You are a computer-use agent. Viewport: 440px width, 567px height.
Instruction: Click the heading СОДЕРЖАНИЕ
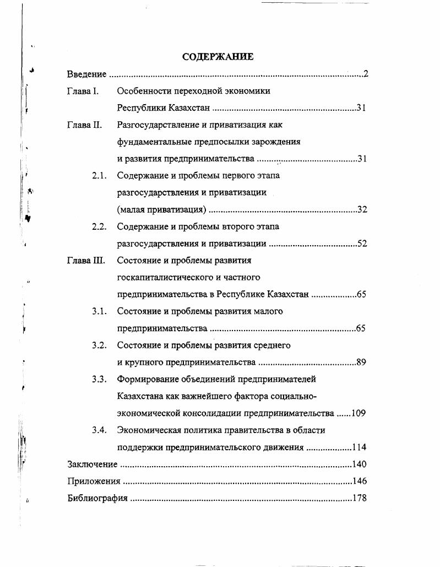218,57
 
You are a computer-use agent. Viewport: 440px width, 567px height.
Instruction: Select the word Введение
86,74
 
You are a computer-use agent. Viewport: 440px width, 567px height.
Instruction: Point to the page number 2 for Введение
365,74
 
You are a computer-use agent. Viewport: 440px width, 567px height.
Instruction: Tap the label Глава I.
83,91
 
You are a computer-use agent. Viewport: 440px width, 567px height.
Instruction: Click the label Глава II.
84,125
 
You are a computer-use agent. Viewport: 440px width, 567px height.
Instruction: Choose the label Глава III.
86,261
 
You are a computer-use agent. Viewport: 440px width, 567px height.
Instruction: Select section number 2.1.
99,176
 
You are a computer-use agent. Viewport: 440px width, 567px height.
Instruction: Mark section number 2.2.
99,226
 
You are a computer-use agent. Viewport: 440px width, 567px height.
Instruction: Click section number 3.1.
99,311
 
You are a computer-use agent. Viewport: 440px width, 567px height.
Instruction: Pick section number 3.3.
99,379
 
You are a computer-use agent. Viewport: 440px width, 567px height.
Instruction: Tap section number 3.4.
99,430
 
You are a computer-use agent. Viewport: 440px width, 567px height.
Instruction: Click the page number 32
362,210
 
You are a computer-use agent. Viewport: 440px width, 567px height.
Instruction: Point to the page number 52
362,244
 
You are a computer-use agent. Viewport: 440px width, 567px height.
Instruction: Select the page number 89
361,363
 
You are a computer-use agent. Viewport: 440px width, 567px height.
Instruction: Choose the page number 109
358,413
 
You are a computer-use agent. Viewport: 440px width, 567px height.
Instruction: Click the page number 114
359,447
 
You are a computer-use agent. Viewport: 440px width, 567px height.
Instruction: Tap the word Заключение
92,465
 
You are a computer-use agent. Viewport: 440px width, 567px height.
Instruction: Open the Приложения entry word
94,481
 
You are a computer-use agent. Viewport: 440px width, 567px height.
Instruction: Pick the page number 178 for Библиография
359,498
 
